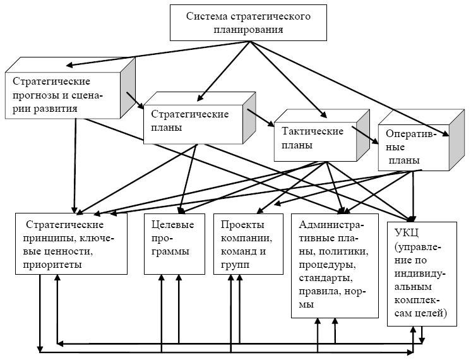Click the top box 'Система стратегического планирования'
(x=248, y=23)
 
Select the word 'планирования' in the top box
(x=248, y=30)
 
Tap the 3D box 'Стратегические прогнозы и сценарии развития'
(x=70, y=88)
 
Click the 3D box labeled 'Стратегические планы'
(x=200, y=118)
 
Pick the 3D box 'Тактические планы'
(x=322, y=135)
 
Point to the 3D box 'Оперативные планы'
(x=421, y=140)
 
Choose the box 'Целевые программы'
(x=174, y=244)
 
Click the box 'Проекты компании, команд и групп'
(x=248, y=244)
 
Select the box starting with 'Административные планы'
(x=335, y=266)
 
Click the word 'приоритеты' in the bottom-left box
(x=52, y=265)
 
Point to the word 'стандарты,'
(x=326, y=278)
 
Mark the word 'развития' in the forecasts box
(x=56, y=109)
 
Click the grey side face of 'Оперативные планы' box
(x=456, y=140)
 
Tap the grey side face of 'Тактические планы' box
(x=363, y=135)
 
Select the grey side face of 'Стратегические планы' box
(x=249, y=118)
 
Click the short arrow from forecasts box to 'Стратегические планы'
(x=135, y=100)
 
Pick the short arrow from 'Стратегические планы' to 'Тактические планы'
(x=260, y=117)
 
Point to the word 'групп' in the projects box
(x=235, y=265)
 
